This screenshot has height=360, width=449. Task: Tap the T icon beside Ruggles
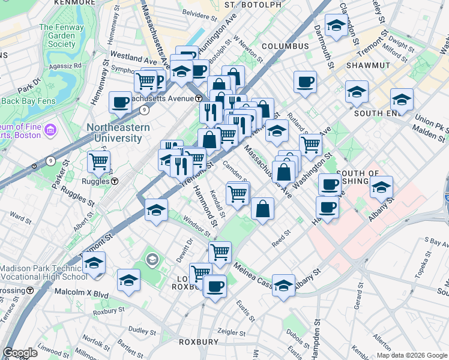pyautogui.click(x=114, y=181)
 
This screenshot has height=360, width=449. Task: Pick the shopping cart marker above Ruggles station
pyautogui.click(x=98, y=161)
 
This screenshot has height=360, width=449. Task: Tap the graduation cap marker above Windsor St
pyautogui.click(x=156, y=211)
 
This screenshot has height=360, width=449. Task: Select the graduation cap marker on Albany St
pyautogui.click(x=284, y=284)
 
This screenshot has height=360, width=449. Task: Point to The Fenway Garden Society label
pyautogui.click(x=58, y=35)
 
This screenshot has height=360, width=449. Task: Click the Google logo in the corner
pyautogui.click(x=20, y=353)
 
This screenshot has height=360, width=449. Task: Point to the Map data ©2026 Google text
pyautogui.click(x=411, y=355)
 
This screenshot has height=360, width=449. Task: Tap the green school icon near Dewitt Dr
pyautogui.click(x=152, y=260)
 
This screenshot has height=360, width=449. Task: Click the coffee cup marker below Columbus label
pyautogui.click(x=305, y=82)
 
